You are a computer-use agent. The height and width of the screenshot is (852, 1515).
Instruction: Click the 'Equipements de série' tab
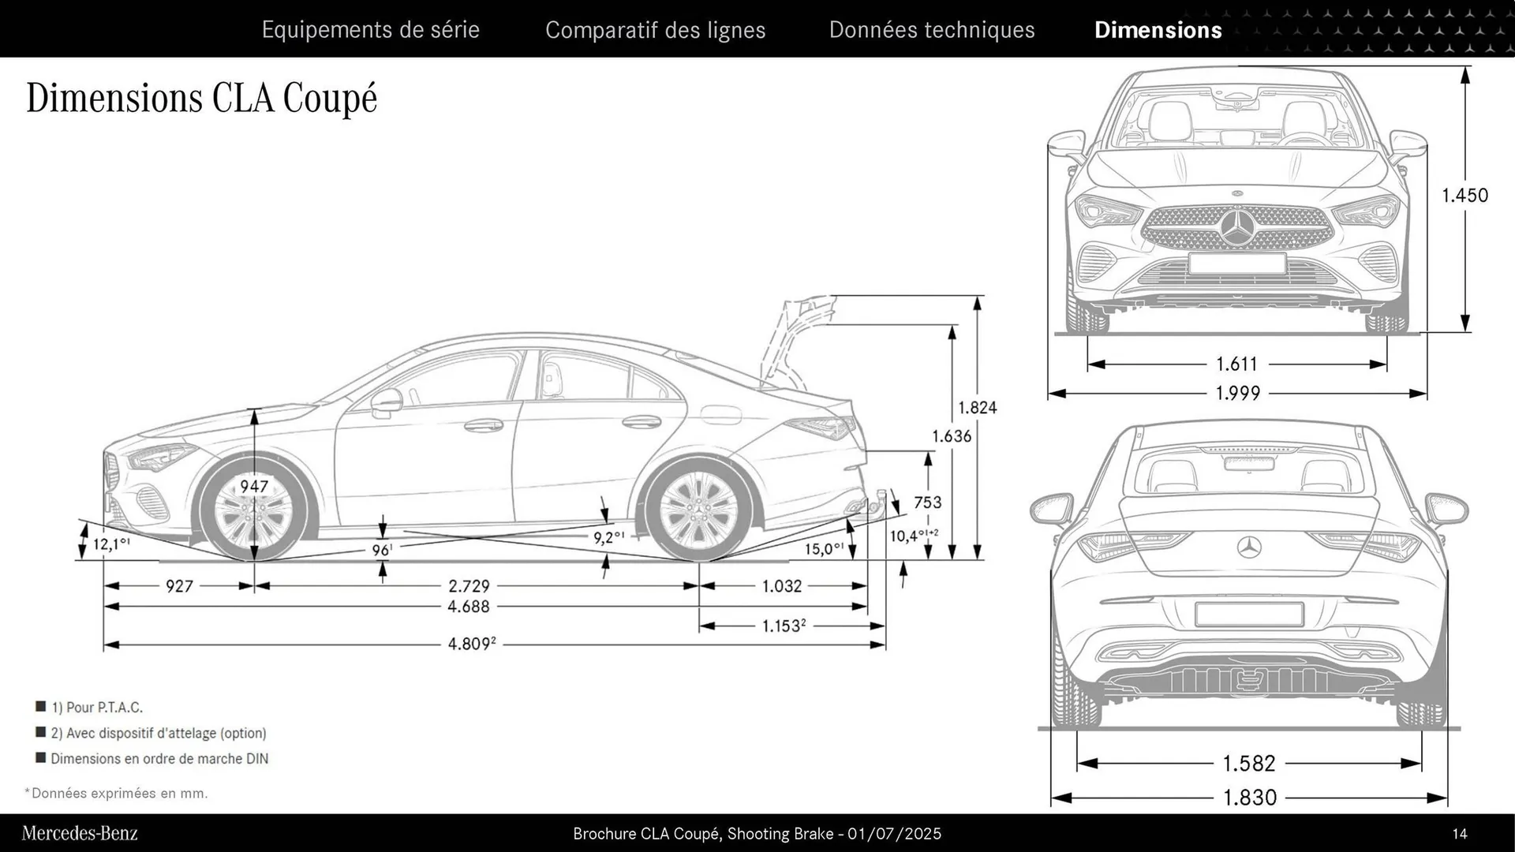pyautogui.click(x=370, y=30)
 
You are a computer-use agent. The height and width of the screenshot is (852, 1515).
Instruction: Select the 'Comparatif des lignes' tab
pyautogui.click(x=655, y=30)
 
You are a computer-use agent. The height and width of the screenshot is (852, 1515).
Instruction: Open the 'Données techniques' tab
pyautogui.click(x=931, y=30)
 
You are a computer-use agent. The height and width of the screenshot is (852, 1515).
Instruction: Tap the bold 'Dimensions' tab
pyautogui.click(x=1158, y=30)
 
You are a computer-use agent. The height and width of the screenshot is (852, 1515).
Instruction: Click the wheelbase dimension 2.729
pyautogui.click(x=469, y=586)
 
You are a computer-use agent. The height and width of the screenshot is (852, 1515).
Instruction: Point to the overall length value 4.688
pyautogui.click(x=469, y=607)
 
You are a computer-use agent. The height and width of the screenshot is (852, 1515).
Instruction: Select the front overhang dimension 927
pyautogui.click(x=179, y=586)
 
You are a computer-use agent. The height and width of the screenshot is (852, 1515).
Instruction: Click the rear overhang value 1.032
pyautogui.click(x=781, y=586)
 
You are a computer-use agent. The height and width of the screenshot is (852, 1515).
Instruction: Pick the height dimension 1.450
pyautogui.click(x=1464, y=195)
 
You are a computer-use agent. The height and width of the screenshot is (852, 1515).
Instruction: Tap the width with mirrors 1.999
pyautogui.click(x=1237, y=393)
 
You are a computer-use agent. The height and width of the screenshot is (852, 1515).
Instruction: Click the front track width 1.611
pyautogui.click(x=1236, y=364)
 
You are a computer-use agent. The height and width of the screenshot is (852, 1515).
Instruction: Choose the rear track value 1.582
pyautogui.click(x=1248, y=764)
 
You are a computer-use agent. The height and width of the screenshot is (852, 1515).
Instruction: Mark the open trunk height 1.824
pyautogui.click(x=977, y=408)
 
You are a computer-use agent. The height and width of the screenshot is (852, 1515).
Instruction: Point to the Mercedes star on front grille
pyautogui.click(x=1236, y=226)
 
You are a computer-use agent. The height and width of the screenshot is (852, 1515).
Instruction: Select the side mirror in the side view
pyautogui.click(x=386, y=402)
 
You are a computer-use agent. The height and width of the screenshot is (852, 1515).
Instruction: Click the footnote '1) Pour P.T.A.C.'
pyautogui.click(x=96, y=708)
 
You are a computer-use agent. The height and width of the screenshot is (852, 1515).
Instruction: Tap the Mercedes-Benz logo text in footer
pyautogui.click(x=80, y=833)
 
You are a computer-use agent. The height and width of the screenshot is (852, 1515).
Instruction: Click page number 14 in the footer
pyautogui.click(x=1459, y=834)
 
